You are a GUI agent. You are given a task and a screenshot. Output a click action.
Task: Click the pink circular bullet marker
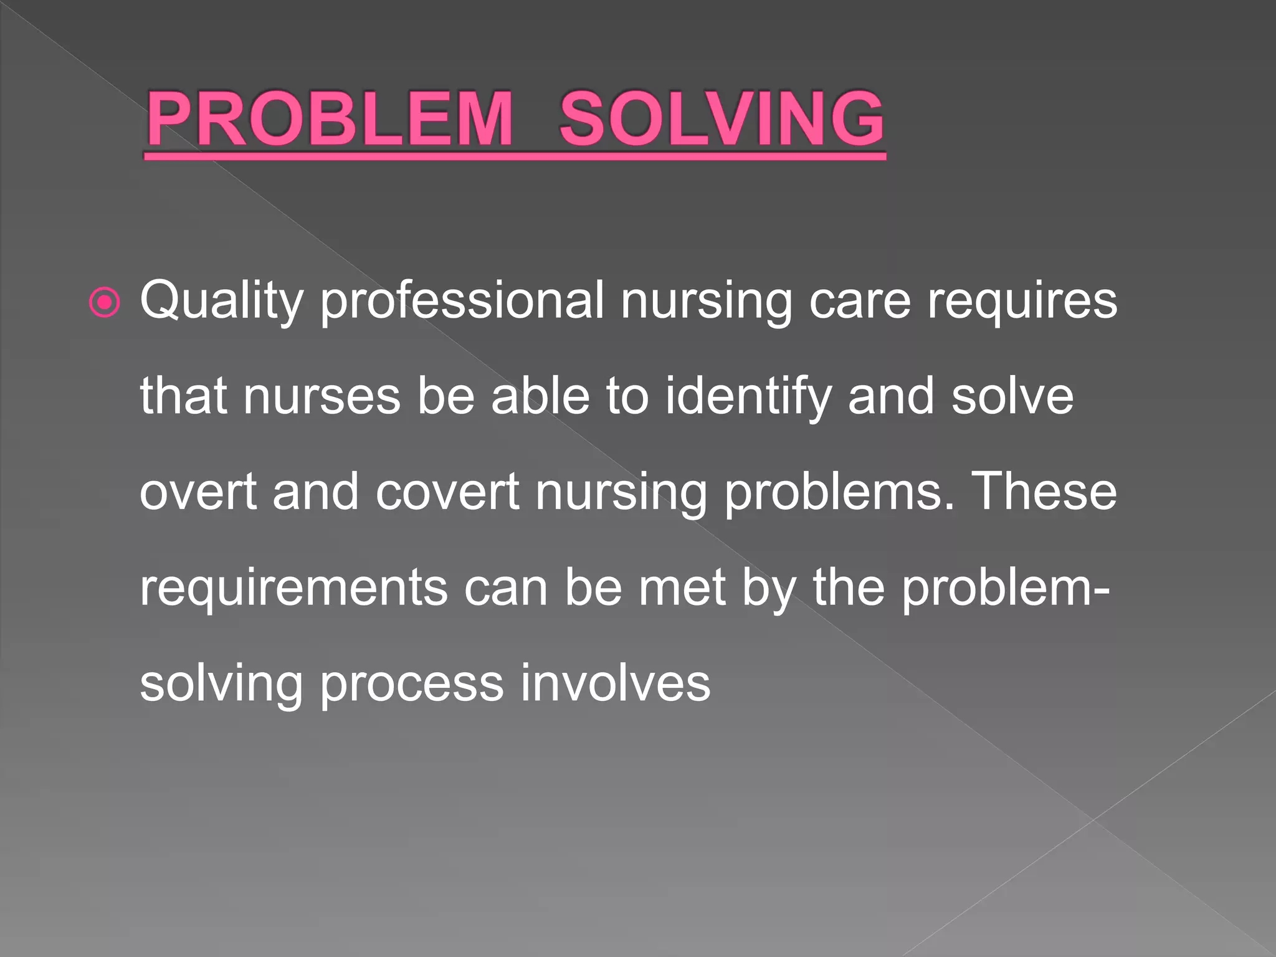coord(105,303)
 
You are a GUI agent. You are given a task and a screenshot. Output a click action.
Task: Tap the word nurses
coord(321,397)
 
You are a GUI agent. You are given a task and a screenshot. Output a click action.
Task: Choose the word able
coord(540,397)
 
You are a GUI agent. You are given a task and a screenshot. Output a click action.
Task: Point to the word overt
coord(198,492)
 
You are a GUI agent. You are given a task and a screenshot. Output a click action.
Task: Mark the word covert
coord(447,492)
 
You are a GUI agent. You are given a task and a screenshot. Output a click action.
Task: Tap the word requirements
coord(293,588)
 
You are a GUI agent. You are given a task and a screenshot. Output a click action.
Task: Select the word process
coord(411,684)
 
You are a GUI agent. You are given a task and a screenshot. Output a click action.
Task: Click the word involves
coord(615,684)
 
